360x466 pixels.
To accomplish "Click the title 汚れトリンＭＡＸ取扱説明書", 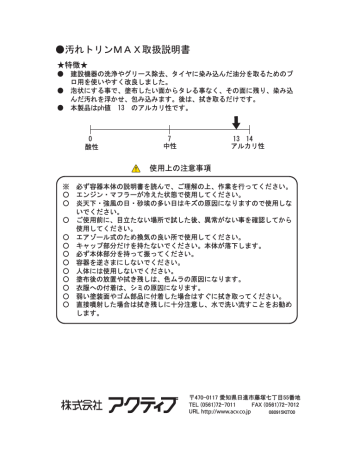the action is pos(125,47).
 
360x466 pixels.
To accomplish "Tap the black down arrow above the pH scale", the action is pos(237,121).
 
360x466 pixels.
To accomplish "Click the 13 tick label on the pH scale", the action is pos(236,138).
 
